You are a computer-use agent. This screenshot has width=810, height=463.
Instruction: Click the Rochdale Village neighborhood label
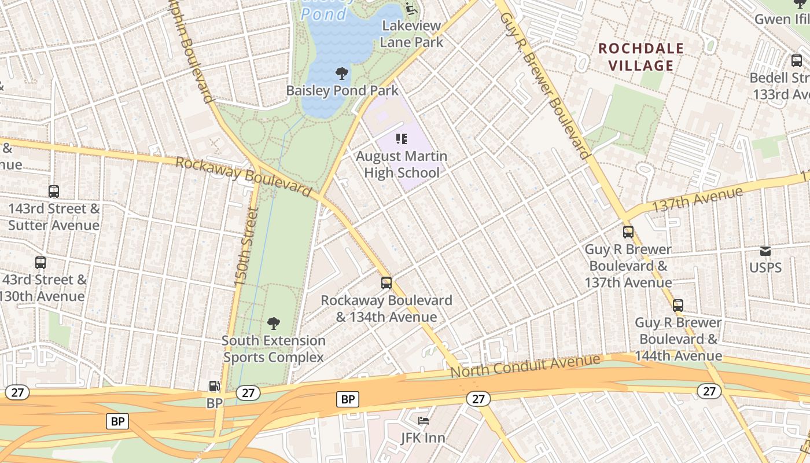[641, 57]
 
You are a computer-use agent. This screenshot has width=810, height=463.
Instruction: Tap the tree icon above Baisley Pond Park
[342, 74]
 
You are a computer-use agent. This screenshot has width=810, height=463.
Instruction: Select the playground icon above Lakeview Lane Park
[410, 8]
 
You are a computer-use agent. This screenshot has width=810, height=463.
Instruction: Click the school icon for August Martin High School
[402, 139]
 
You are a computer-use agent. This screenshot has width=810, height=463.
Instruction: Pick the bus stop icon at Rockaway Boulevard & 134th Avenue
[386, 283]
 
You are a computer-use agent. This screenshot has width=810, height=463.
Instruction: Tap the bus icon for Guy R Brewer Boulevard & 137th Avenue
[628, 232]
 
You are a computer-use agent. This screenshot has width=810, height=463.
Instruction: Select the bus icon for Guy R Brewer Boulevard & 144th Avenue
[678, 305]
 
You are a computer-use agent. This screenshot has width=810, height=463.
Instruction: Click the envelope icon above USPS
[765, 251]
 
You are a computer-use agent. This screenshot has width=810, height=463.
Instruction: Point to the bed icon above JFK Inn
[424, 421]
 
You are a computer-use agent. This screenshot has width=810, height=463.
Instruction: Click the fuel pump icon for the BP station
[214, 386]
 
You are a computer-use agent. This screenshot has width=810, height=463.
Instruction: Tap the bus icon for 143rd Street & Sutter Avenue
[54, 191]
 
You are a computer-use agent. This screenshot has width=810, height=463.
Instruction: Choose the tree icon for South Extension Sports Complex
[274, 324]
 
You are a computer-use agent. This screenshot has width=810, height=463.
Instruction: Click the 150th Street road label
[245, 247]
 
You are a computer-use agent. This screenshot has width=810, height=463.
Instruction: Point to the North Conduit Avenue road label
[525, 366]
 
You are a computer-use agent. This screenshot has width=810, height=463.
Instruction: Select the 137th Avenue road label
[697, 200]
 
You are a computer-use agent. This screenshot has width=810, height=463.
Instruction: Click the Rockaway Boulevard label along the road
[243, 176]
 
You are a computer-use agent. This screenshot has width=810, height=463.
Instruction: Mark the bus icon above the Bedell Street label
[797, 61]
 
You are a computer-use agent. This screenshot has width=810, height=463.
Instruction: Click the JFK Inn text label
[424, 438]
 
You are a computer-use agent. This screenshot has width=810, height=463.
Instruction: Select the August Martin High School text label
[402, 164]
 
